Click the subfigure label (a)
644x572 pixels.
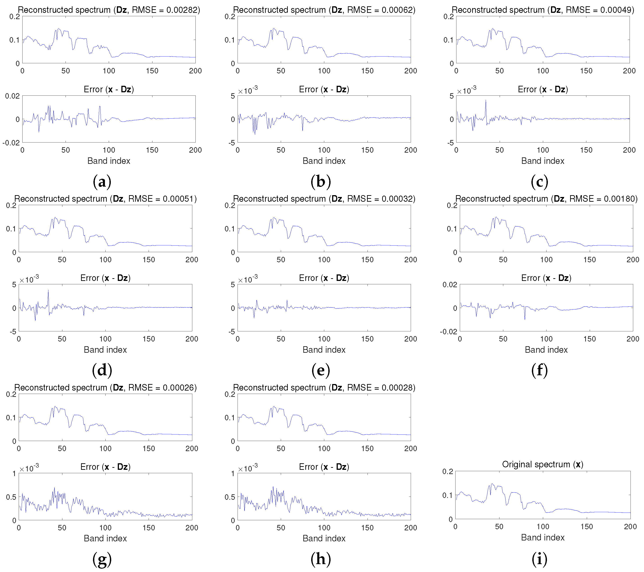coord(102,182)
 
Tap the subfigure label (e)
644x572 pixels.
coord(320,370)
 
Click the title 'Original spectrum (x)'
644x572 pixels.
coord(542,464)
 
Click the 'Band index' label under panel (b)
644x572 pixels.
coord(324,161)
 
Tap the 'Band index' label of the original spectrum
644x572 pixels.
coord(542,537)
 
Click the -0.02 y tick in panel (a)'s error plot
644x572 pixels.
coord(11,143)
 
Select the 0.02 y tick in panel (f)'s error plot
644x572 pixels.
coord(450,285)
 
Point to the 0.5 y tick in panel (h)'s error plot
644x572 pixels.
coord(230,497)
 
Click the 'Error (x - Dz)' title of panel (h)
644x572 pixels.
coord(324,467)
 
